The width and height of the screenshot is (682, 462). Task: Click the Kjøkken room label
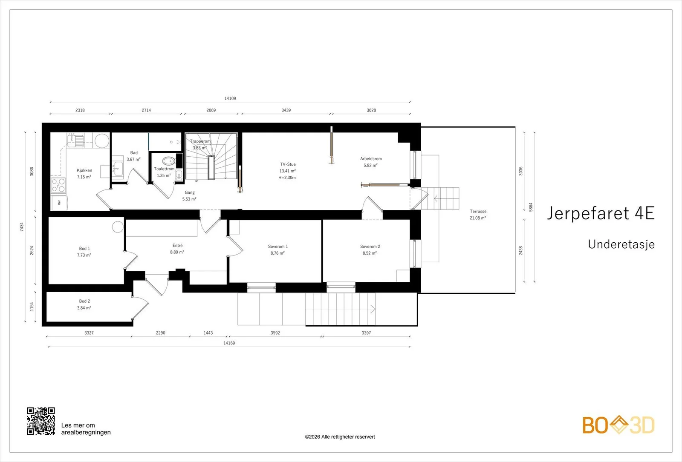(x=84, y=170)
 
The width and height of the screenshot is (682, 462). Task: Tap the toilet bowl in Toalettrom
(x=168, y=161)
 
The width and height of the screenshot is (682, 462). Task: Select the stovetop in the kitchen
(x=58, y=185)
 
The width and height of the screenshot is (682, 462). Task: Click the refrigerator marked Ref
(x=59, y=203)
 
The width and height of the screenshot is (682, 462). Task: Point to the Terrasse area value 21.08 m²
(x=478, y=218)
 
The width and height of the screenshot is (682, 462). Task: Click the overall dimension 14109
(x=230, y=98)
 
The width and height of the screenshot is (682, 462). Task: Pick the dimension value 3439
(x=286, y=110)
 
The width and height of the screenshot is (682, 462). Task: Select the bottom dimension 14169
(x=229, y=343)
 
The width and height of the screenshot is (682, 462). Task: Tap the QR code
(x=41, y=421)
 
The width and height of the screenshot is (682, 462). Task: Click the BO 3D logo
(x=618, y=425)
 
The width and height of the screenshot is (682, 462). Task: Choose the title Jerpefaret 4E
(x=601, y=213)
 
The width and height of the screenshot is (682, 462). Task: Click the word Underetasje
(x=621, y=244)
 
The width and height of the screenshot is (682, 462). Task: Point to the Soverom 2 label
(x=370, y=247)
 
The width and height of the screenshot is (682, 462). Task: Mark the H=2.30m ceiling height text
(x=287, y=177)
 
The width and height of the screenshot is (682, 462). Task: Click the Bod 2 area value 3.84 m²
(x=84, y=308)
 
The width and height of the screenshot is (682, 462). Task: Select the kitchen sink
(x=76, y=140)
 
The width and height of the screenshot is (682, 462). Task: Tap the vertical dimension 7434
(x=22, y=227)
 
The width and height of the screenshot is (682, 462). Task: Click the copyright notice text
(x=340, y=437)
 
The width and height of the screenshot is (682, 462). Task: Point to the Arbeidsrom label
(x=371, y=158)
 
